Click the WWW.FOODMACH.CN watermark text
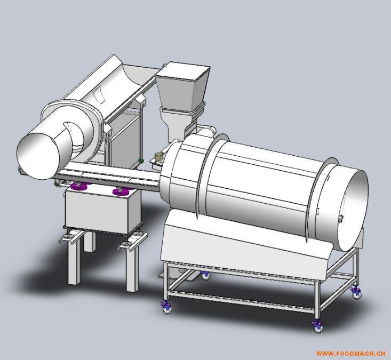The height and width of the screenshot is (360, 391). pyautogui.click(x=350, y=353)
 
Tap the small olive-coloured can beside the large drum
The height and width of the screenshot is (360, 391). pyautogui.click(x=159, y=157)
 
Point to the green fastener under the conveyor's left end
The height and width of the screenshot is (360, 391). pyautogui.click(x=57, y=184)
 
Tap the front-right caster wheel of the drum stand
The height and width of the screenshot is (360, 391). pyautogui.click(x=317, y=325)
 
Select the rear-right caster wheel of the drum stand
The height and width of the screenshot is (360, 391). pyautogui.click(x=356, y=292)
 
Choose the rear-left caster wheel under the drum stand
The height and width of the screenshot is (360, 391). pyautogui.click(x=205, y=275)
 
